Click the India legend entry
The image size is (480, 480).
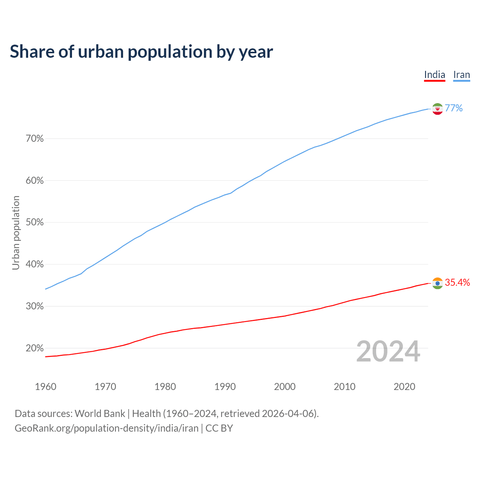click(434, 75)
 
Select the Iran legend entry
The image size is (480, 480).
click(461, 75)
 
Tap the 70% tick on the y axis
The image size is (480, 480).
click(34, 139)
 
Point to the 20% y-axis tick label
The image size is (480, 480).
click(34, 348)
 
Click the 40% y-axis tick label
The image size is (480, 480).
click(34, 264)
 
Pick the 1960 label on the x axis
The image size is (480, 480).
click(45, 387)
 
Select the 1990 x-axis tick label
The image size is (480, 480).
click(225, 387)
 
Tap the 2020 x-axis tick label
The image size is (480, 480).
click(404, 387)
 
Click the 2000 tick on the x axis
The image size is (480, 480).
click(285, 387)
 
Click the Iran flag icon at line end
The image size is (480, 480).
click(437, 109)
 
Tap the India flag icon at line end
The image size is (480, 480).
click(437, 283)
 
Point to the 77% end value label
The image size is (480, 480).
click(454, 108)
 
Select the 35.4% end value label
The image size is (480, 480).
click(457, 283)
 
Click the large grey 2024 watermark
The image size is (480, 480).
click(388, 351)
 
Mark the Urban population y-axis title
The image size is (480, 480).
click(16, 232)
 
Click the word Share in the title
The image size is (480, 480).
click(31, 52)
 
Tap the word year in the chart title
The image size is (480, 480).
click(256, 52)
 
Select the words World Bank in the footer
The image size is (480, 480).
click(100, 414)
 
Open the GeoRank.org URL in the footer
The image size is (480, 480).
click(106, 428)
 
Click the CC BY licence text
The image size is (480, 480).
click(219, 428)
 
